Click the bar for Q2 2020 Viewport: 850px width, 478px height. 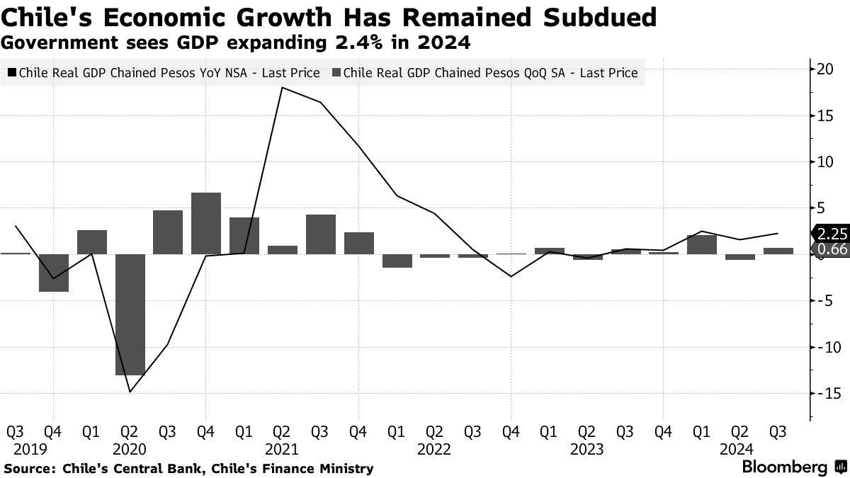pyautogui.click(x=130, y=314)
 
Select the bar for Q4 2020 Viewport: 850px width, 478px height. pyautogui.click(x=206, y=223)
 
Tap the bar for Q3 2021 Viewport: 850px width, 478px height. pyautogui.click(x=321, y=234)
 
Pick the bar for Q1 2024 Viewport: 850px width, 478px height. pyautogui.click(x=702, y=244)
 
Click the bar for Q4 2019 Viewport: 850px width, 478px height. pyautogui.click(x=54, y=273)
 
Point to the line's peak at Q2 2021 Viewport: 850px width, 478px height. pyautogui.click(x=283, y=88)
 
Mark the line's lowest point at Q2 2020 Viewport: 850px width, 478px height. pyautogui.click(x=130, y=392)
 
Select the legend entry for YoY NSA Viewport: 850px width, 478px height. pyautogui.click(x=163, y=72)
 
